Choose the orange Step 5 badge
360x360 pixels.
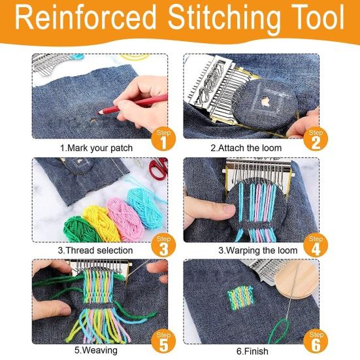point(164,342)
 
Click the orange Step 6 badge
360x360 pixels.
point(315,342)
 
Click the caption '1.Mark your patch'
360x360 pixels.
point(96,148)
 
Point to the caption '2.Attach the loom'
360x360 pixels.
point(246,148)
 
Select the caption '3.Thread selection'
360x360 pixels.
point(95,250)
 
